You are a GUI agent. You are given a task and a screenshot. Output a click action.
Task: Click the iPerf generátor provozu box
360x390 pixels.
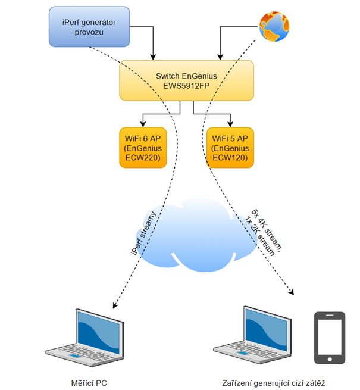[89, 26]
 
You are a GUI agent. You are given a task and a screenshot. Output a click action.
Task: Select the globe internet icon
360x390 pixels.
[274, 26]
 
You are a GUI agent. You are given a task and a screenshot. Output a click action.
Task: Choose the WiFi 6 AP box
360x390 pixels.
[143, 148]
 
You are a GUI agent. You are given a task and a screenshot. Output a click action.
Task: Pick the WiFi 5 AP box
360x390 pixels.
[231, 148]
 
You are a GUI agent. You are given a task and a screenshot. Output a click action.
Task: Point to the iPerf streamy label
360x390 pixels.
[143, 233]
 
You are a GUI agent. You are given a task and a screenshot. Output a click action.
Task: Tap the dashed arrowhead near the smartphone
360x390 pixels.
[292, 292]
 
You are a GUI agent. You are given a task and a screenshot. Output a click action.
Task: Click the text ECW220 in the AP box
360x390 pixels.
[143, 158]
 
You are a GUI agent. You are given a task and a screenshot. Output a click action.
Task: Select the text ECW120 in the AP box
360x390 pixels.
[231, 158]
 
